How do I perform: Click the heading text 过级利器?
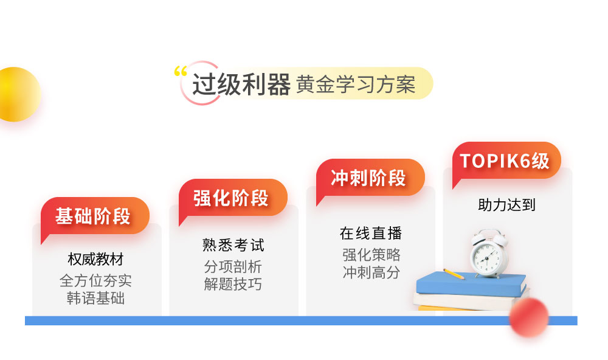(x=241, y=85)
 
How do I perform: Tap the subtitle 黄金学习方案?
(x=356, y=85)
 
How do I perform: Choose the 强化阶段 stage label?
(x=231, y=198)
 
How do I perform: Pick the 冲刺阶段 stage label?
(x=368, y=178)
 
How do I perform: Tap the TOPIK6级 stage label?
(x=505, y=161)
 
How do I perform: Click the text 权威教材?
(x=95, y=260)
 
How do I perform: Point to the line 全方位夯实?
(x=95, y=280)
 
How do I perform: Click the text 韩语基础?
(x=95, y=298)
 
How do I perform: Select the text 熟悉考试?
(x=233, y=245)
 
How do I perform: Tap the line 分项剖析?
(x=233, y=266)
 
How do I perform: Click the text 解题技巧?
(x=233, y=284)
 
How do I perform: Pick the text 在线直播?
(x=371, y=234)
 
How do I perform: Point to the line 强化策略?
(x=371, y=254)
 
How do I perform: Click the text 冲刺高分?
(x=371, y=272)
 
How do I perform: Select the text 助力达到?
(x=506, y=205)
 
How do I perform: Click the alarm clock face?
(x=488, y=256)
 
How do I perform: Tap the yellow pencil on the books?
(x=453, y=274)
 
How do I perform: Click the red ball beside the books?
(x=528, y=317)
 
